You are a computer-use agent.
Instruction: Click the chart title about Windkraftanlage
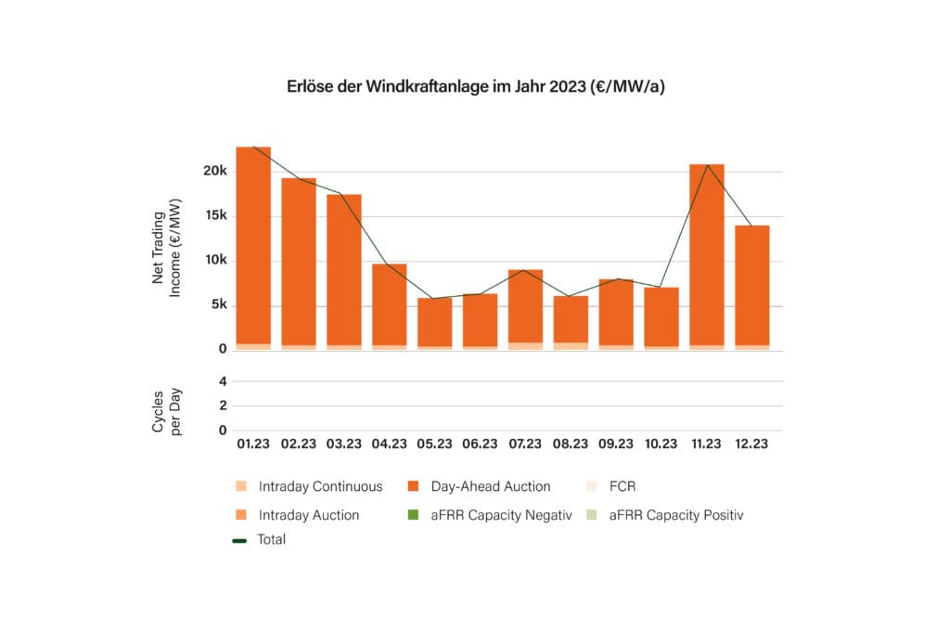point(474,86)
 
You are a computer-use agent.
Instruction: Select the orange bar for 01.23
point(253,246)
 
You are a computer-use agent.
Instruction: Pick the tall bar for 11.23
point(707,255)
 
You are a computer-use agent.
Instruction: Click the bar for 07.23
point(525,306)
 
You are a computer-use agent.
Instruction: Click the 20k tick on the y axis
point(215,172)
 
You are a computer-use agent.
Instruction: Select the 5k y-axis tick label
point(218,305)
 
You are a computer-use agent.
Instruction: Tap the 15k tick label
point(215,216)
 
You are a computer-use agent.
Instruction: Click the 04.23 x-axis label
point(390,444)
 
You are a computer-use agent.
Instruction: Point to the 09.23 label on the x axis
point(616,444)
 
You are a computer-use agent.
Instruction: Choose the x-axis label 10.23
point(661,444)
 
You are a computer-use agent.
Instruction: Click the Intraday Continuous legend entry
point(311,486)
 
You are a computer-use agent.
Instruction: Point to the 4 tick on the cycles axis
point(223,380)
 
